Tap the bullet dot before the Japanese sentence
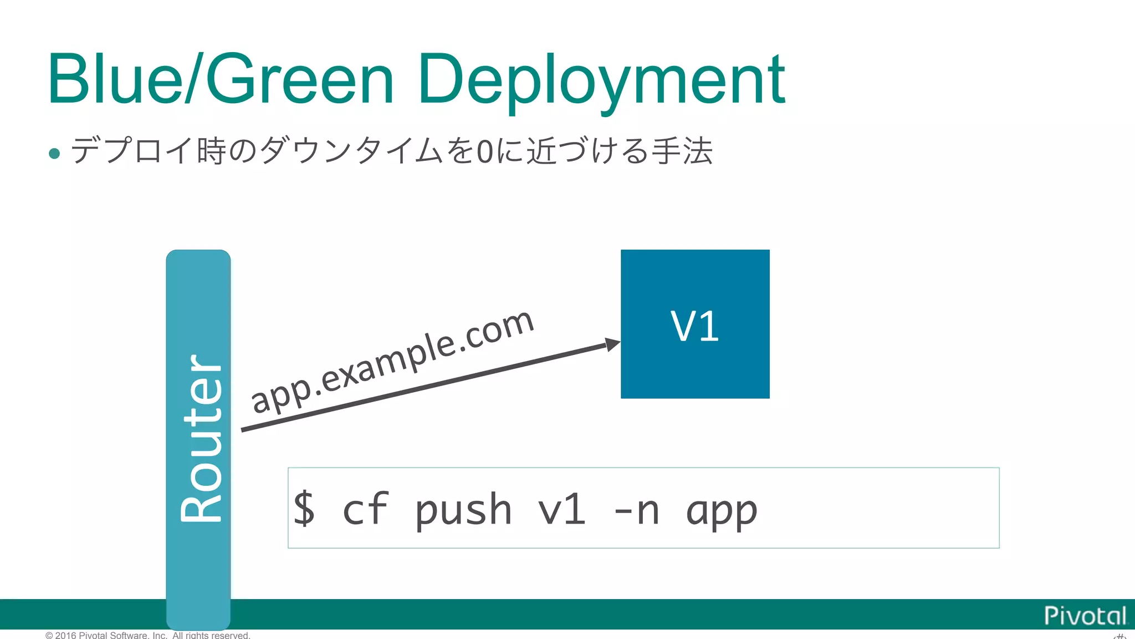coord(54,153)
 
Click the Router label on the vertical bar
coord(201,438)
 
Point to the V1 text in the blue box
coord(694,326)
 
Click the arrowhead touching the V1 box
coord(612,344)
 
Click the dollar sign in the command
coord(304,508)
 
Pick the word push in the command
coord(463,509)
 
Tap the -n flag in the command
coord(637,509)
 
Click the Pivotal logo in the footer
coord(1085,616)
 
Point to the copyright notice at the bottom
coord(147,635)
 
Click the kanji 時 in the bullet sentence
coord(211,151)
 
